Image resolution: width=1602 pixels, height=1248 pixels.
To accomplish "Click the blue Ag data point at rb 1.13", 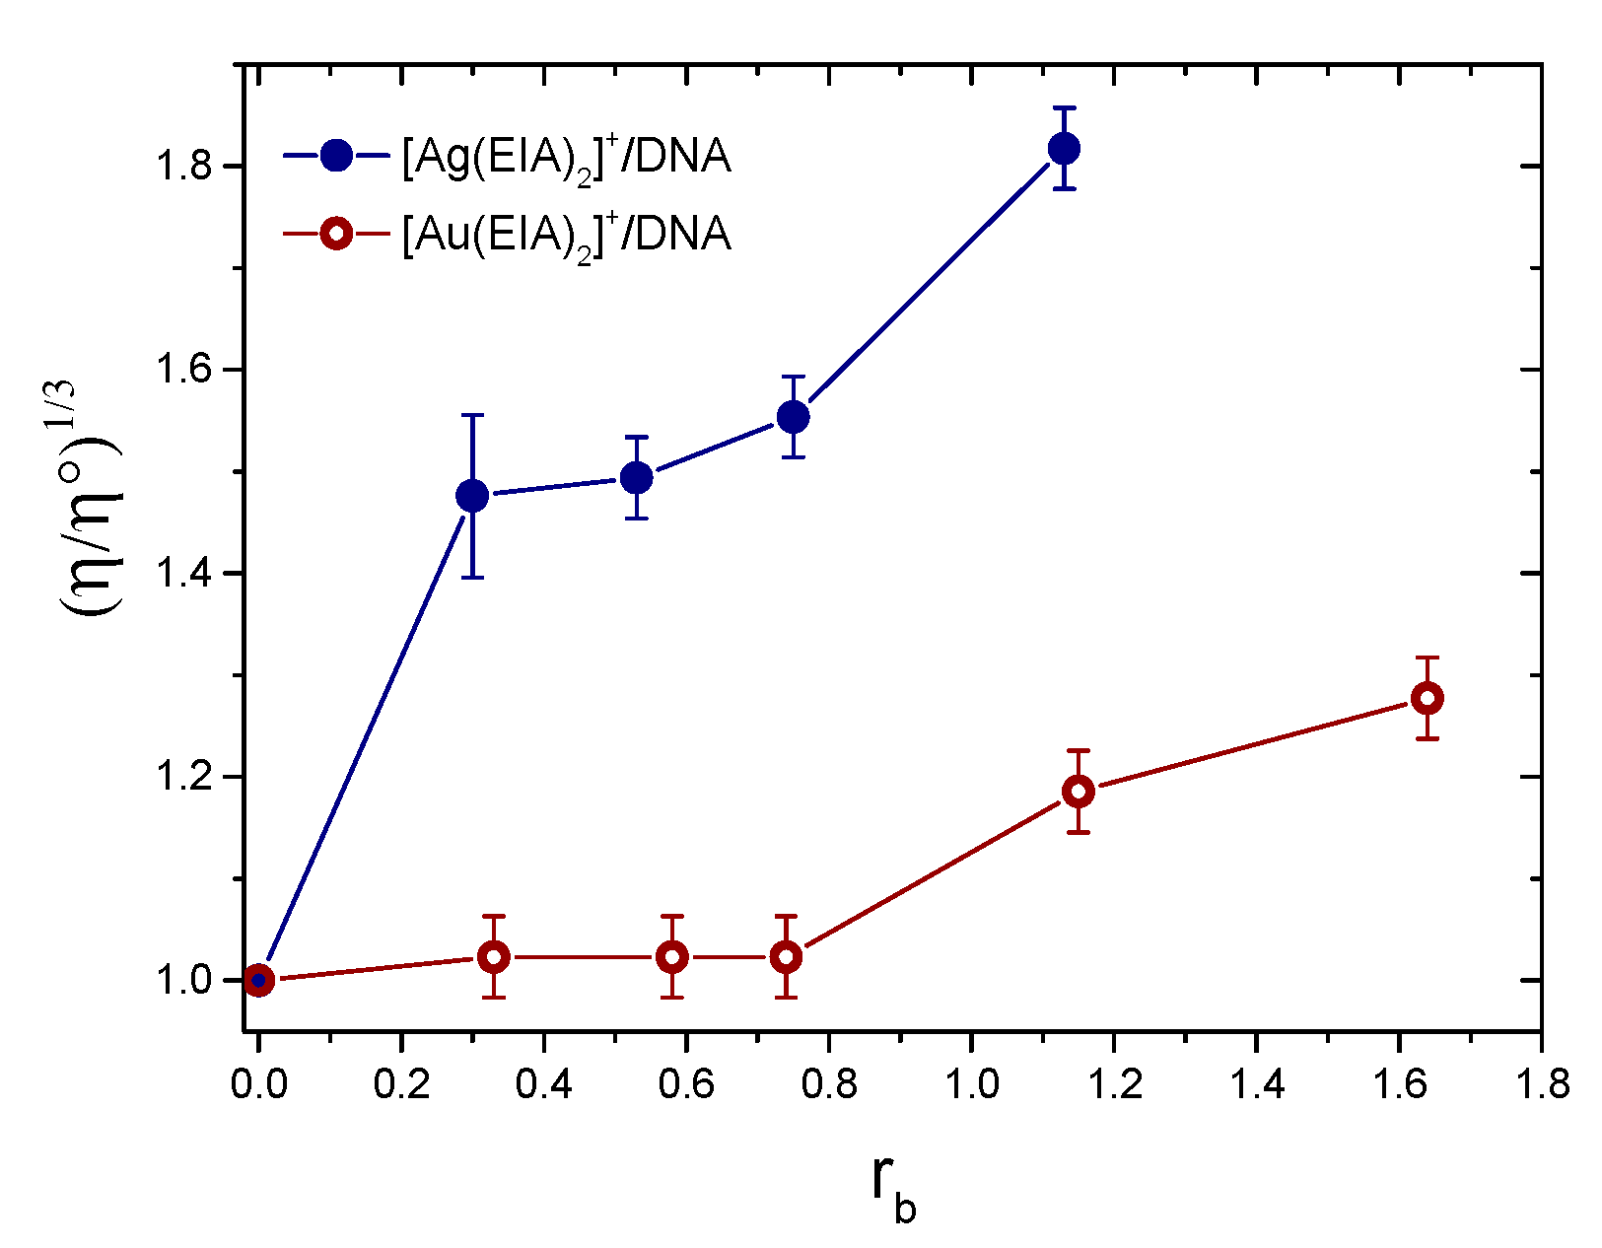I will click(x=1063, y=149).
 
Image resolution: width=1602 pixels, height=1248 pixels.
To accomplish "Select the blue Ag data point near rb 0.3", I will click(x=472, y=495).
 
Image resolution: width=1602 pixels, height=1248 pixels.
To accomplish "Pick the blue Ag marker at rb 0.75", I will click(x=793, y=417).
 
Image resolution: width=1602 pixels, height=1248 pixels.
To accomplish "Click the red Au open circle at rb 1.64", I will click(x=1427, y=698).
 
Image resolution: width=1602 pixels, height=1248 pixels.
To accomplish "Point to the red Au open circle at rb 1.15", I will click(x=1078, y=791).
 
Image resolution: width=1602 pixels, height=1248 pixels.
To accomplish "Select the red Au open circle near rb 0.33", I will click(x=494, y=956).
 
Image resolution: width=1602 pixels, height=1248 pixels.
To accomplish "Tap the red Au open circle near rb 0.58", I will click(x=671, y=956).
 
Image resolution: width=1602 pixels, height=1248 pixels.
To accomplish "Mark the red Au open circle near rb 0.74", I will click(x=786, y=956).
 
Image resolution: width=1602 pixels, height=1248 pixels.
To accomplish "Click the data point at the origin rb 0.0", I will click(x=258, y=980).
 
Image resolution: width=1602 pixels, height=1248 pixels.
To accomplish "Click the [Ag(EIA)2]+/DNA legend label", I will click(x=566, y=157).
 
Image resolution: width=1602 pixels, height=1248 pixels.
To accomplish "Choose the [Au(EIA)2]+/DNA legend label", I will click(x=566, y=236).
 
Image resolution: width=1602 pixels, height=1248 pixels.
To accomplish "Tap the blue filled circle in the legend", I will click(x=335, y=155).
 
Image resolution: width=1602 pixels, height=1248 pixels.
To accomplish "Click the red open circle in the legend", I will click(x=335, y=235).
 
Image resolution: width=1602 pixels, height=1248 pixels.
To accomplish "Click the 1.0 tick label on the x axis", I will click(x=971, y=1084).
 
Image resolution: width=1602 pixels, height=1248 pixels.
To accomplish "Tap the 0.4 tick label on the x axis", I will click(x=543, y=1084).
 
